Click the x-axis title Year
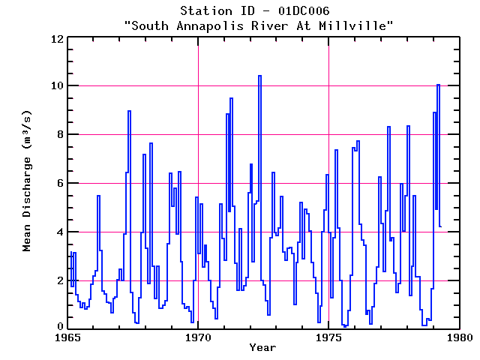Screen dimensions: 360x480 coord(262,347)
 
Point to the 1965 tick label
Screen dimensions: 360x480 coord(67,337)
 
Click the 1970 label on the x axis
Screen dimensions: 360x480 coord(198,337)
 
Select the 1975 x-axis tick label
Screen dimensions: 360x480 coord(328,337)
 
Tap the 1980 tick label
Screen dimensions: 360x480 coord(458,337)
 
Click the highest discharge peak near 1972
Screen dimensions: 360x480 coord(259,76)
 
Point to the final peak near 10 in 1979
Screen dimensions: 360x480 coord(438,85)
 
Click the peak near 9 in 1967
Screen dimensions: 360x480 coord(129,111)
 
